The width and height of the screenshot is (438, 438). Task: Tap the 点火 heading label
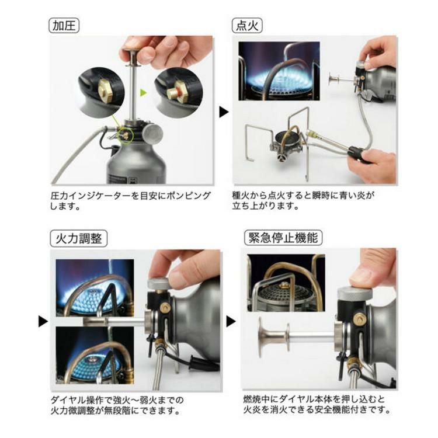click(x=248, y=26)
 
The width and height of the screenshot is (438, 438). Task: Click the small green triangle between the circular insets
click(x=144, y=92)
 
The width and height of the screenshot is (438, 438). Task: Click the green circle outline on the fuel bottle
click(x=126, y=133)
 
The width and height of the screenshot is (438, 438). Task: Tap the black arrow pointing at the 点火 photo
click(x=224, y=111)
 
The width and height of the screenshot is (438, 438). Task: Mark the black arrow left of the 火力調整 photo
click(x=43, y=321)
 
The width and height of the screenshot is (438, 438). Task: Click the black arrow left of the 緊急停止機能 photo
click(x=231, y=321)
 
